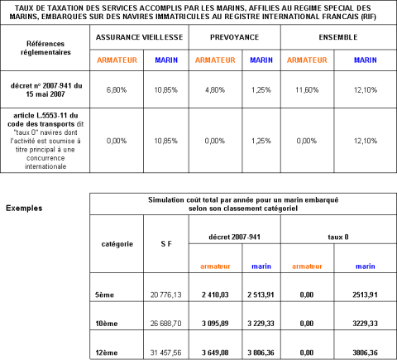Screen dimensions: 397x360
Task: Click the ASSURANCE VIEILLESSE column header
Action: [x=139, y=37]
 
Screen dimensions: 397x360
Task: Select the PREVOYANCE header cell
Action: [x=234, y=37]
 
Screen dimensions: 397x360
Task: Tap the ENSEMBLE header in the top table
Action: [x=338, y=37]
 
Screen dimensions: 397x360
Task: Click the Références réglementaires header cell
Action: [x=45, y=48]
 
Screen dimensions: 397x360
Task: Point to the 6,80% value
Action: [x=117, y=90]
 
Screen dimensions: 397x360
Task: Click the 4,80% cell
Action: [x=215, y=90]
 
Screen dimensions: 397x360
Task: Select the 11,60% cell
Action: [x=307, y=90]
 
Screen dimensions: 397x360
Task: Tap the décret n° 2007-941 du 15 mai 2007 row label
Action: [x=46, y=90]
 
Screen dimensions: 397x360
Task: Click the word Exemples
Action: [x=24, y=208]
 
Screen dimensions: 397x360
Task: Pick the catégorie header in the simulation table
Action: [x=117, y=244]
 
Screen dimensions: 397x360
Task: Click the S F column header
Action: [x=166, y=244]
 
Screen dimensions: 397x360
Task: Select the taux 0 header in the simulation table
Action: [x=338, y=237]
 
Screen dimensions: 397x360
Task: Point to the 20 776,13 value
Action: [x=166, y=295]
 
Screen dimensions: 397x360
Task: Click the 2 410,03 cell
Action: [x=215, y=295]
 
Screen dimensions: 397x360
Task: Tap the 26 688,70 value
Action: [x=166, y=324]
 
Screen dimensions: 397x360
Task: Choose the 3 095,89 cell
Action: [x=215, y=324]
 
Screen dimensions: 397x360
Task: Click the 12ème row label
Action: [x=107, y=353]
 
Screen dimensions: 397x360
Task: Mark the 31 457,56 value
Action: [x=166, y=353]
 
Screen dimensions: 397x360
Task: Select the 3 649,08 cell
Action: [x=215, y=353]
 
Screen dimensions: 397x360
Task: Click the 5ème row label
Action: [x=104, y=295]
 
